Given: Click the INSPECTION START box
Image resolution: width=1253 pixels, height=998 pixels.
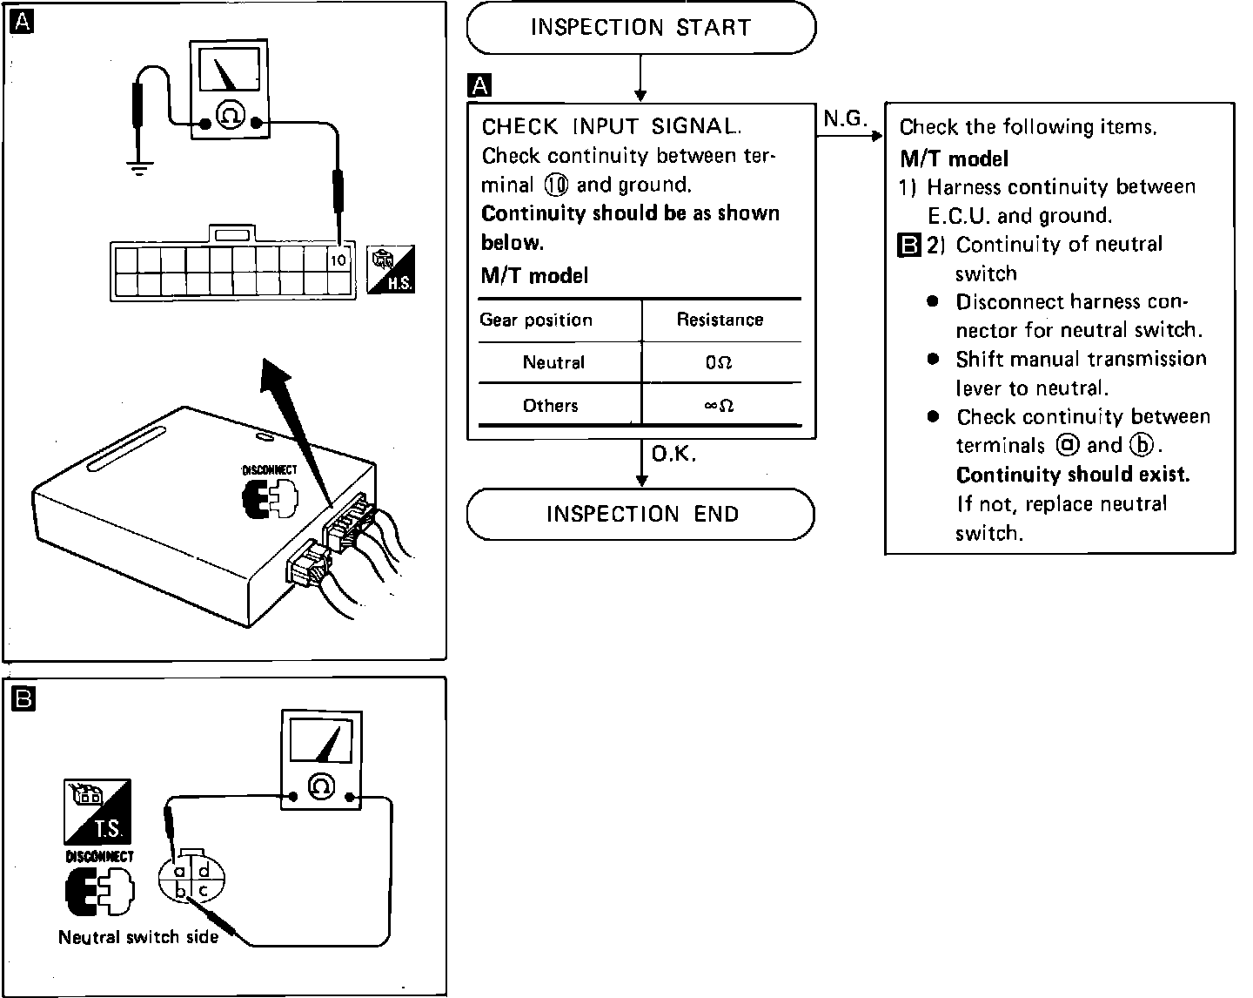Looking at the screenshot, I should tap(640, 28).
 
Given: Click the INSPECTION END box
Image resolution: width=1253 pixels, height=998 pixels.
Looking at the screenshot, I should tap(641, 514).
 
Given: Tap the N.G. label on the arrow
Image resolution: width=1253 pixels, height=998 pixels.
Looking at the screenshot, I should tap(845, 120).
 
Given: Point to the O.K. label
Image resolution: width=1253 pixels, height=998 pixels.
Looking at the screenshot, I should tap(673, 455).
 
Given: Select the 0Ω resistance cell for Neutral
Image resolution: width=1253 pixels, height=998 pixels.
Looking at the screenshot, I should tap(719, 362).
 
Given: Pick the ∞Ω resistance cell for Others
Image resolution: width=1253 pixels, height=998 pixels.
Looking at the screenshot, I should tap(719, 406).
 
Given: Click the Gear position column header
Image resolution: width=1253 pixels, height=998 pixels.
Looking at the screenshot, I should tap(536, 320).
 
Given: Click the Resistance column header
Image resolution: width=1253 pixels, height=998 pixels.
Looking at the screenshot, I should tap(720, 320).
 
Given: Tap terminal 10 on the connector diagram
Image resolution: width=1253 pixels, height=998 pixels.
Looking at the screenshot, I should tap(338, 260).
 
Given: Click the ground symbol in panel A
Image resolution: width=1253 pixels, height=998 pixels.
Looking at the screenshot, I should tap(138, 167).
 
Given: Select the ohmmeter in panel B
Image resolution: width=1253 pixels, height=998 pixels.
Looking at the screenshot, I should tap(320, 759).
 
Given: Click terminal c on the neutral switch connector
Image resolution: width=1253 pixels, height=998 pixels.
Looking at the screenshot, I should tap(203, 890).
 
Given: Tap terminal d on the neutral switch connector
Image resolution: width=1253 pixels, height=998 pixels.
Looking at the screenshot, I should tap(203, 870).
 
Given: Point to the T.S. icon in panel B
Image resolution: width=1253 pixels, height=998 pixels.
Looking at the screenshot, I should tap(97, 811).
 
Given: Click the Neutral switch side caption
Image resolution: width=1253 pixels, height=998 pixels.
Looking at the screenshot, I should tap(138, 937).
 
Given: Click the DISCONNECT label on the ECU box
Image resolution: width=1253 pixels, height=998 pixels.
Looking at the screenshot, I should tap(269, 470).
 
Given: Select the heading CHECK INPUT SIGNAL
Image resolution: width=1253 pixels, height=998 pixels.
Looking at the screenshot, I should tap(612, 127).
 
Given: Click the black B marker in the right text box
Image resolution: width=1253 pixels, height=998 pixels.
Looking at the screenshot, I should tap(908, 246).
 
